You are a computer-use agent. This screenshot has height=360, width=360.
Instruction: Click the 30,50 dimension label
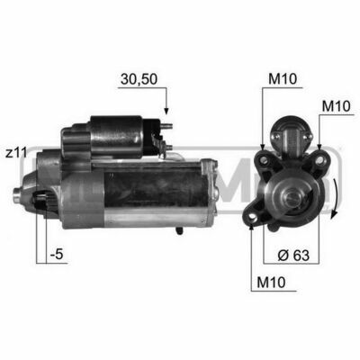coord(139,79)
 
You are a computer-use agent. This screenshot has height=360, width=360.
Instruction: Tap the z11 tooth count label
coord(16,153)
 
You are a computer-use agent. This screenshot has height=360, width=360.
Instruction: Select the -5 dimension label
coord(57,255)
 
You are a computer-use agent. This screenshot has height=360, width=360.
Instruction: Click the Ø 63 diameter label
coord(293,256)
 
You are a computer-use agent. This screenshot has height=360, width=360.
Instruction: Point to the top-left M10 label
coord(283,79)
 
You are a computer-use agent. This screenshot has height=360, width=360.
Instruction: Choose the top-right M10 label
coord(336,106)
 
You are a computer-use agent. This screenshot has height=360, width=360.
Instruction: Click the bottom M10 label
coord(271,283)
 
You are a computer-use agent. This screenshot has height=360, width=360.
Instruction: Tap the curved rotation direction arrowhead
coord(334,215)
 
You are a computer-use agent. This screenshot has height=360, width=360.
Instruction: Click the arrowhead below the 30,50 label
coord(166,111)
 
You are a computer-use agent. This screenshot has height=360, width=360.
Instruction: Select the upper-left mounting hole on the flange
coord(264,160)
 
